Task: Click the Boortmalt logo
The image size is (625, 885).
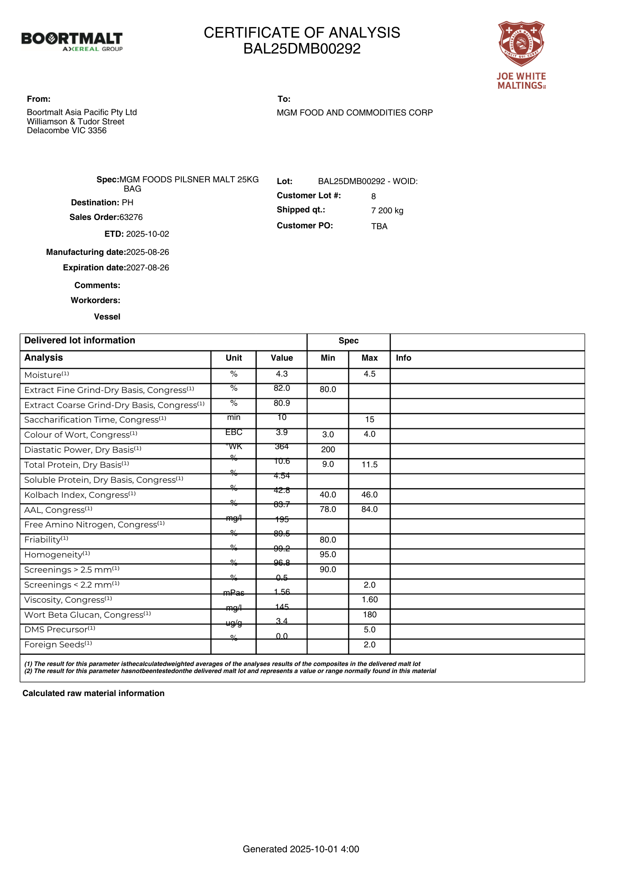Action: pyautogui.click(x=72, y=41)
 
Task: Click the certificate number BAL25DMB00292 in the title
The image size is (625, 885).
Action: pyautogui.click(x=302, y=49)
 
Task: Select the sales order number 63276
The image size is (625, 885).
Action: pyautogui.click(x=131, y=217)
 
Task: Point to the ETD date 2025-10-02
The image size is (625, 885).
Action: pyautogui.click(x=148, y=234)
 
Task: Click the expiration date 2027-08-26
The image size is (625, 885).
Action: pyautogui.click(x=148, y=268)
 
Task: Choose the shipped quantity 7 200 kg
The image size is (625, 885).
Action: pyautogui.click(x=387, y=211)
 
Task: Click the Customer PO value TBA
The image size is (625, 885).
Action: pyautogui.click(x=379, y=227)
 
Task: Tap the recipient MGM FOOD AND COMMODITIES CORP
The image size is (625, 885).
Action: pyautogui.click(x=354, y=113)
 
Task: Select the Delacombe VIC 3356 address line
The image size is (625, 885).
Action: pyautogui.click(x=67, y=131)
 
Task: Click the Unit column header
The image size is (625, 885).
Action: pyautogui.click(x=234, y=358)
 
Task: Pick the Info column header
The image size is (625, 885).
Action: pyautogui.click(x=404, y=358)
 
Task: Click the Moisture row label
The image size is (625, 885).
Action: pyautogui.click(x=46, y=375)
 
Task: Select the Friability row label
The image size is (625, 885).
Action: pyautogui.click(x=46, y=540)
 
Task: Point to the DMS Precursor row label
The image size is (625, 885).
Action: pyautogui.click(x=60, y=630)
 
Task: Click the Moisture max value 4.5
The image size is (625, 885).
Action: pyautogui.click(x=370, y=374)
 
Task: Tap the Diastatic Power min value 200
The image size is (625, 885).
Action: pyautogui.click(x=328, y=450)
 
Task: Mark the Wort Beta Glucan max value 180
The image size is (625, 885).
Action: pyautogui.click(x=370, y=615)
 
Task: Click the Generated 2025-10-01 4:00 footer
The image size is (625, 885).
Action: pyautogui.click(x=301, y=849)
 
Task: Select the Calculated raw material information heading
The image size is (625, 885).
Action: pyautogui.click(x=93, y=693)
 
